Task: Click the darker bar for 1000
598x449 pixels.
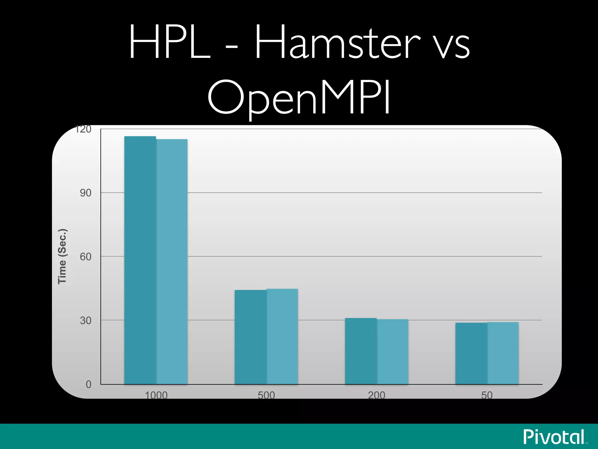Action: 140,260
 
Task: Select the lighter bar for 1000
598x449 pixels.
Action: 172,262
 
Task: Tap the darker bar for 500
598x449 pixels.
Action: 251,337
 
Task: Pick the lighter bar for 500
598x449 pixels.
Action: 282,336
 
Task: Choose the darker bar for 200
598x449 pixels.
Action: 361,351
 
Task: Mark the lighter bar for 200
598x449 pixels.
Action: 392,352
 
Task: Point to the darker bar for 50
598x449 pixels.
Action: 471,353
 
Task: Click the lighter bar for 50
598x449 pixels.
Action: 503,353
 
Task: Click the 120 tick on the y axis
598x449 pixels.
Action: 84,129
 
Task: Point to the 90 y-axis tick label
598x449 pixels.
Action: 86,193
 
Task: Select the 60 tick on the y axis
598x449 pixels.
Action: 86,257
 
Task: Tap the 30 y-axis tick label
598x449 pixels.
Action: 86,321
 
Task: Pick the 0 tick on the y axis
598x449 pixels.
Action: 88,384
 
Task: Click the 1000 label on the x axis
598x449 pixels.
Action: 156,395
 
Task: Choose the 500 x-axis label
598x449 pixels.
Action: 266,395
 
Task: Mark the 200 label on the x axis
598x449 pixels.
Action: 377,395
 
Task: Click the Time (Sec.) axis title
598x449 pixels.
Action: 62,256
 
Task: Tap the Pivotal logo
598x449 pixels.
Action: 554,437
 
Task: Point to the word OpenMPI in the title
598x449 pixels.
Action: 299,97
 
